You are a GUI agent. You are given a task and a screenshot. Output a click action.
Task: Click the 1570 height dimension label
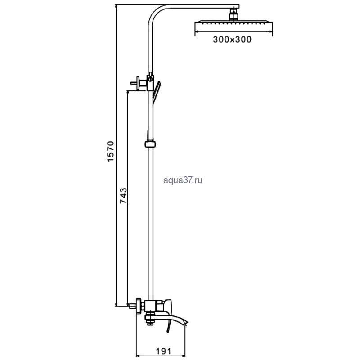[x=111, y=152]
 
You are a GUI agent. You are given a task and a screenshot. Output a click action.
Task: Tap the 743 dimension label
[x=123, y=196]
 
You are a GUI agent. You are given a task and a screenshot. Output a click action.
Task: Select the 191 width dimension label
[x=163, y=351]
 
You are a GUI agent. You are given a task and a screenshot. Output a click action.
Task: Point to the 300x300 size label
[x=232, y=40]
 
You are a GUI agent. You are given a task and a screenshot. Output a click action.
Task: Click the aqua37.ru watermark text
[x=183, y=180]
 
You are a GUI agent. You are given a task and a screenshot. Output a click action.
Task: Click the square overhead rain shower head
[x=234, y=24]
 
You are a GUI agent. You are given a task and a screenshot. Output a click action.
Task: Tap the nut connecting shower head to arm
[x=234, y=14]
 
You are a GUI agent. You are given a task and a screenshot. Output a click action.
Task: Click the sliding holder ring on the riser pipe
[x=150, y=144]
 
